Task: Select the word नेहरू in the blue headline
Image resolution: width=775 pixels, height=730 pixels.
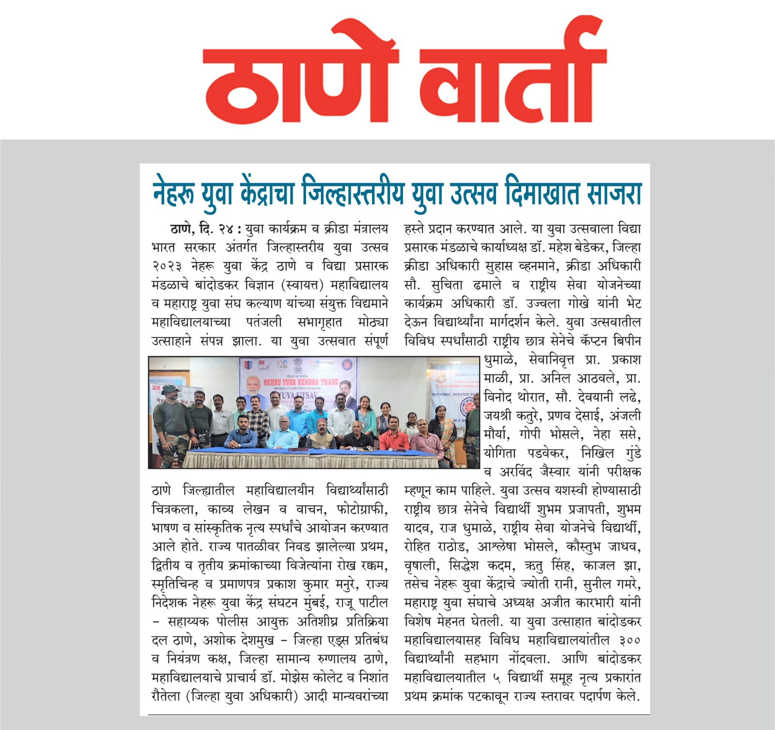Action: coord(173,193)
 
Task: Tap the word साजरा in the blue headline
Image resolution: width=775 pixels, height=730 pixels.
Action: coord(614,193)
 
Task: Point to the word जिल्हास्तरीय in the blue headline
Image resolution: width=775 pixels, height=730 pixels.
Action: coord(352,193)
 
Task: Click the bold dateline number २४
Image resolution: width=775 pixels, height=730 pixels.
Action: coord(226,229)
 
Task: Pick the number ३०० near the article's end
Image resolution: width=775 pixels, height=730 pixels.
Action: coord(629,640)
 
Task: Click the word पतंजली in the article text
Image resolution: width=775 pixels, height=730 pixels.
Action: coord(263,323)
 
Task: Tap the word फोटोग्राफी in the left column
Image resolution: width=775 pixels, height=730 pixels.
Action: coord(356,510)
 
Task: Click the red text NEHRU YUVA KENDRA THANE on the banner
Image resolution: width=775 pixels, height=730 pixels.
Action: coord(300,382)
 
